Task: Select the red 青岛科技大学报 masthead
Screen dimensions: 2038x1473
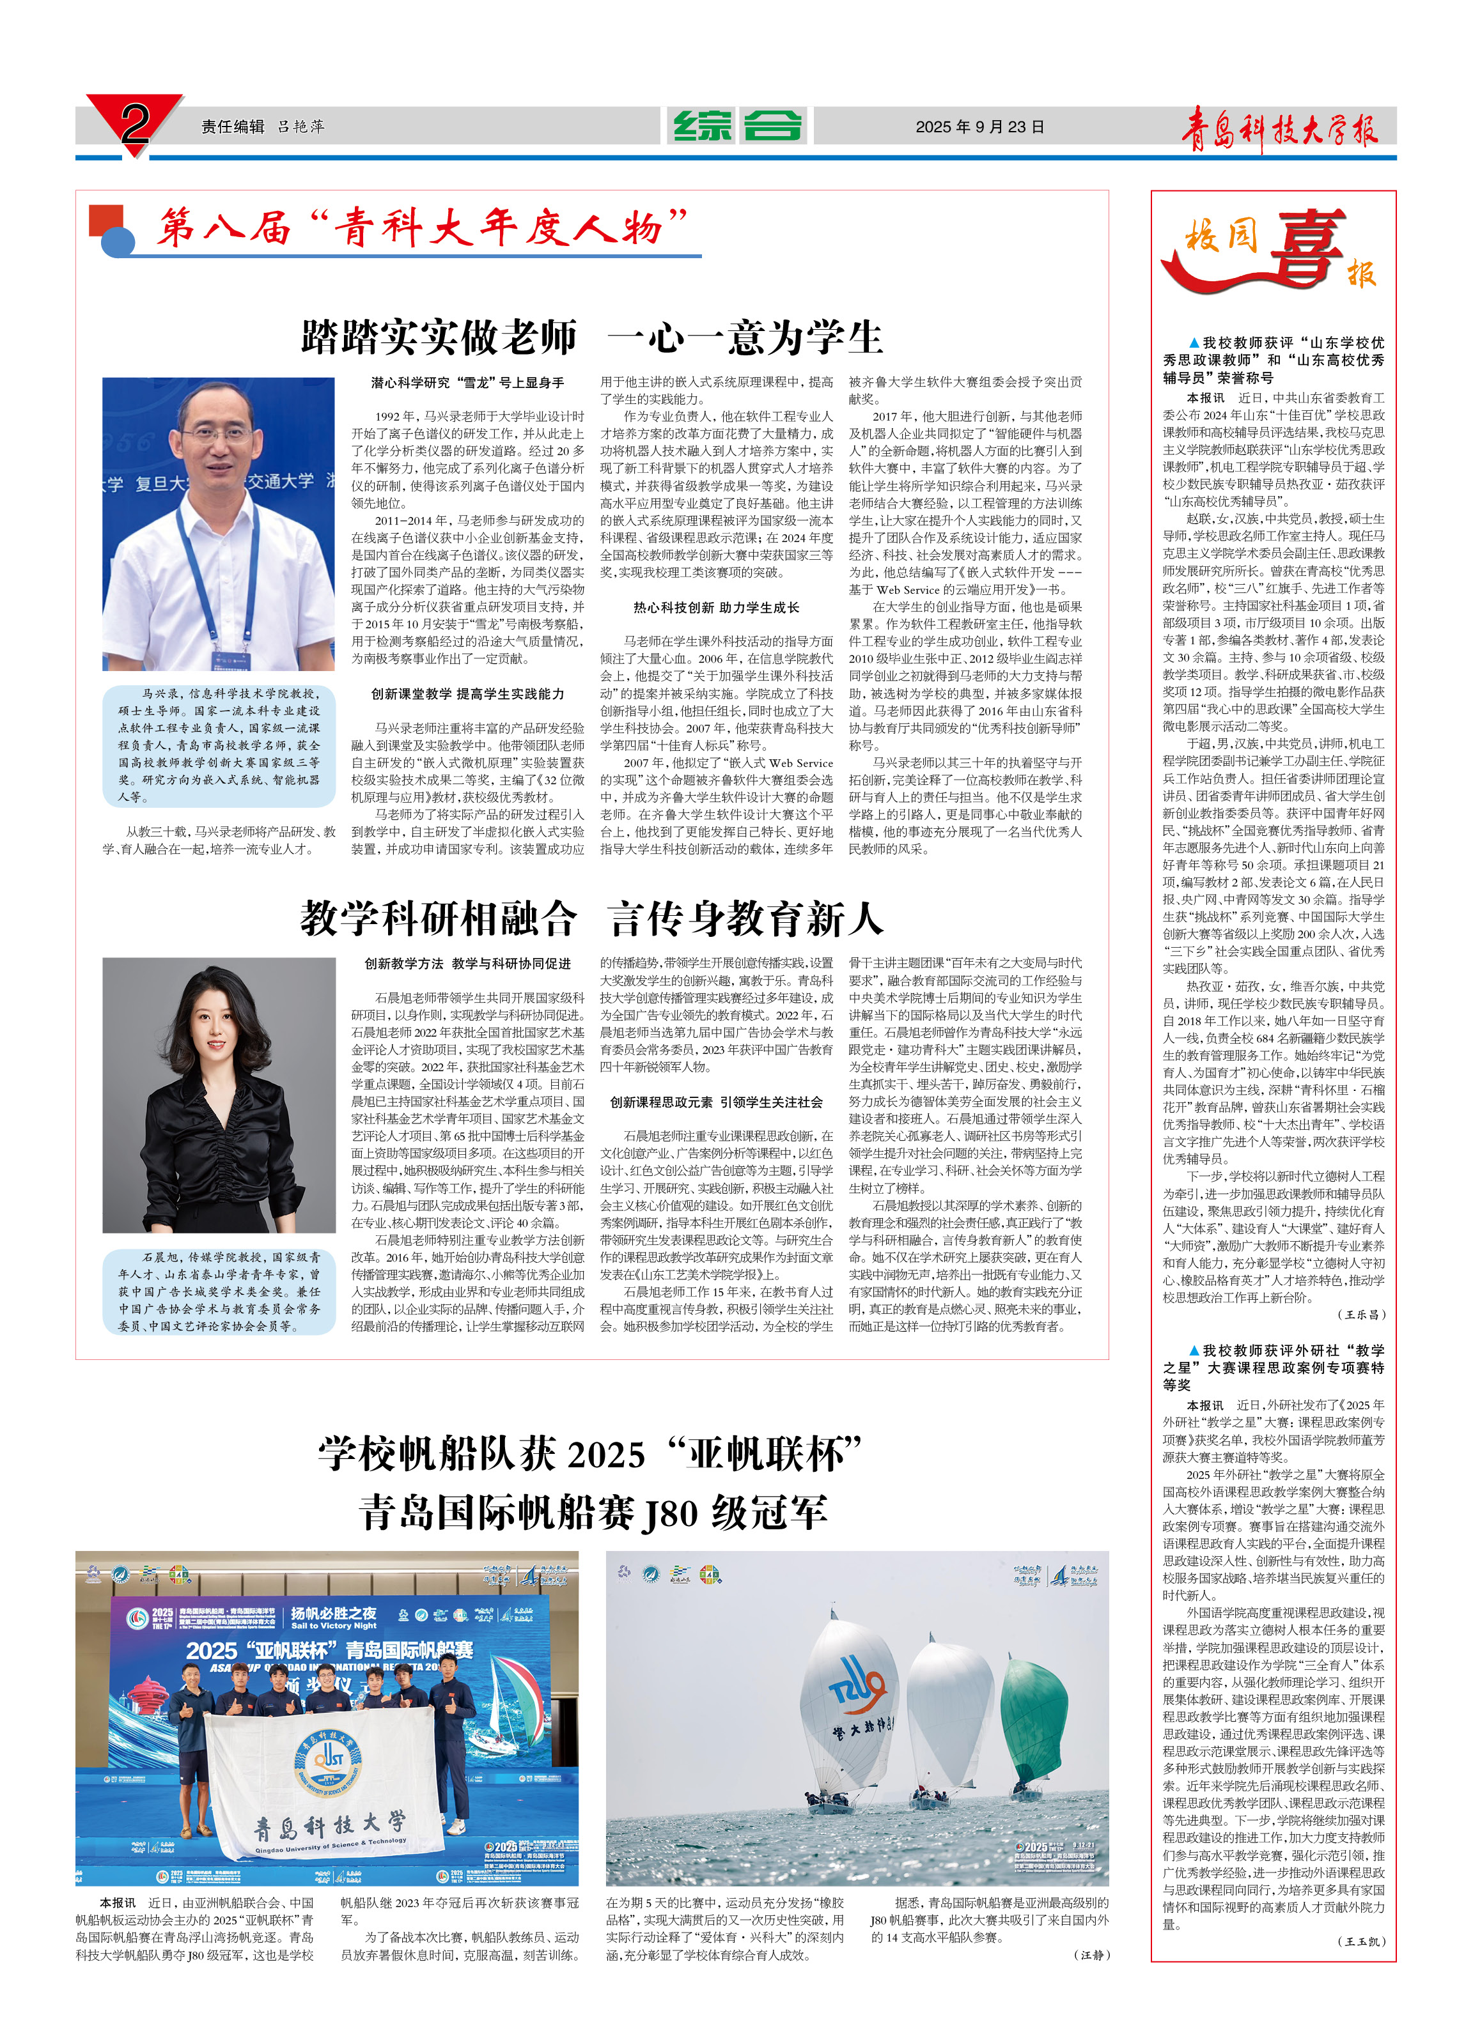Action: point(1278,129)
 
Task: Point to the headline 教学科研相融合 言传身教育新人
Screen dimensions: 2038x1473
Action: point(592,918)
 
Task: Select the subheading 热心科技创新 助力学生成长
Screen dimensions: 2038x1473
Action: point(716,608)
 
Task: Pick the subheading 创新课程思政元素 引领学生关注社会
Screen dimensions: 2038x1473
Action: point(716,1102)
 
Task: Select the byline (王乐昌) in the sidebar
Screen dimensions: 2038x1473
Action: point(1362,1315)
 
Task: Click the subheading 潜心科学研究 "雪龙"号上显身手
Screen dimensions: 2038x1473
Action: point(467,383)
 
